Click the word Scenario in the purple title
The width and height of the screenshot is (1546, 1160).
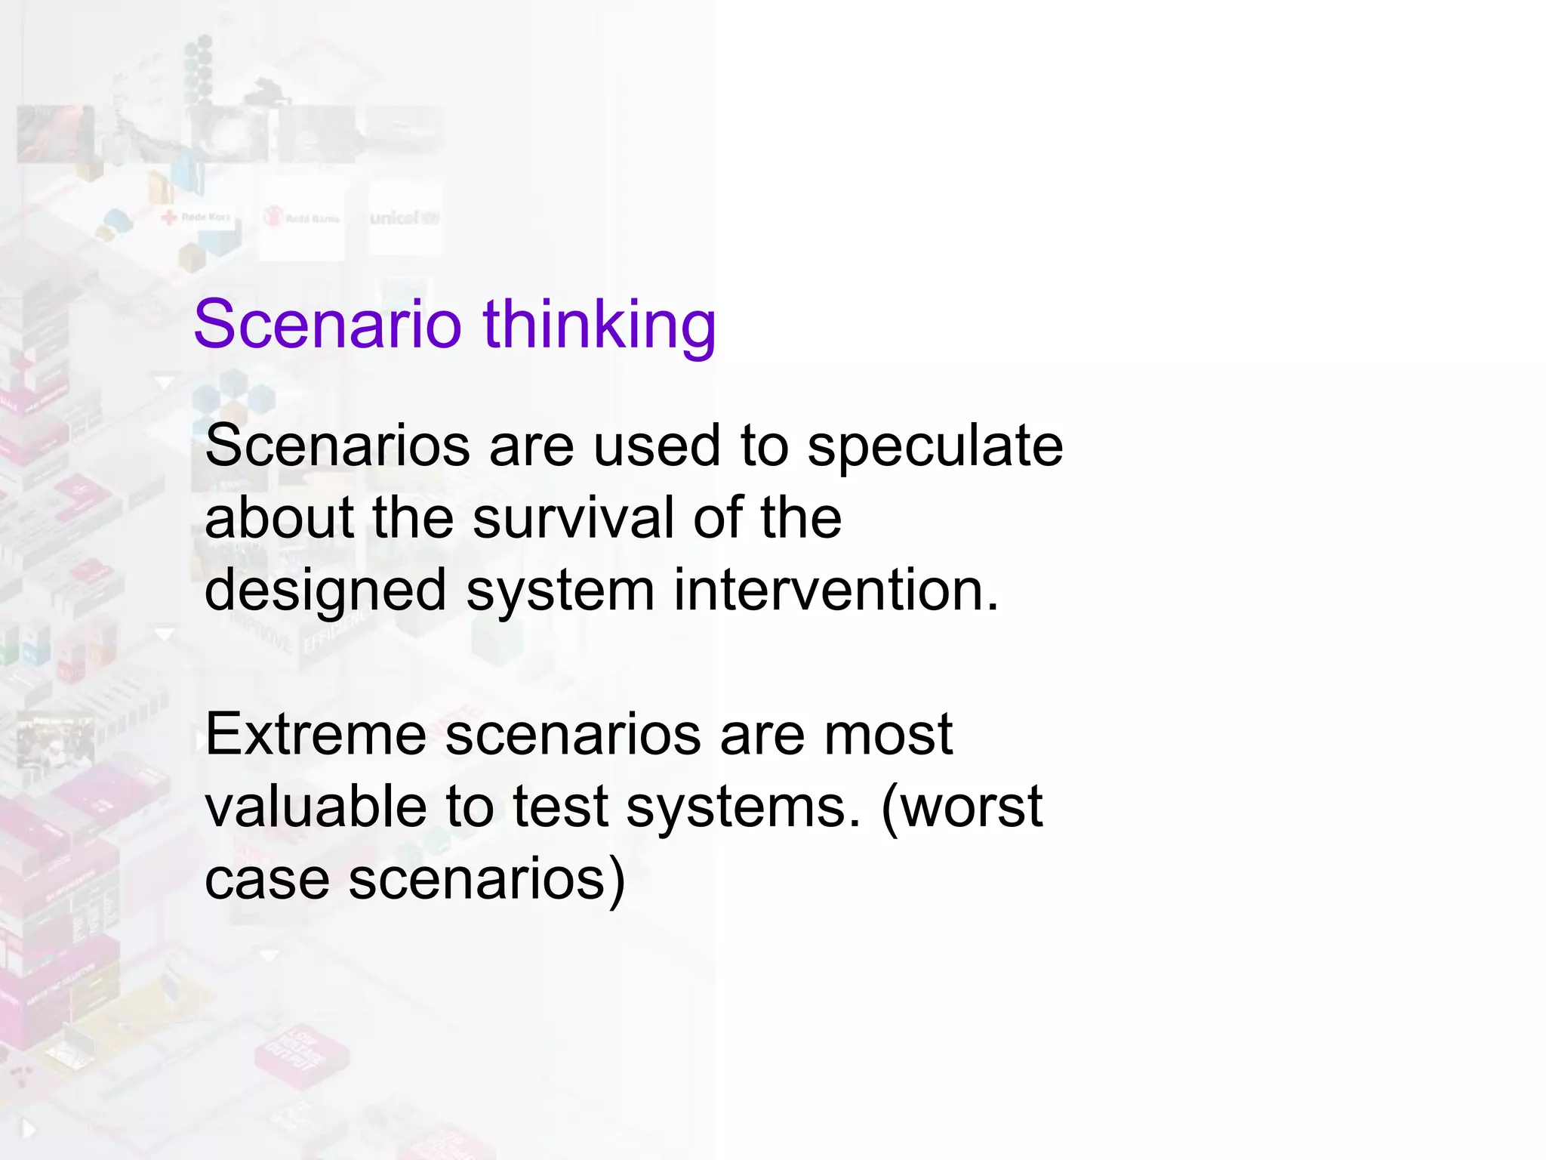click(327, 324)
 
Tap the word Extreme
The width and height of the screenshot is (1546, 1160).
click(316, 734)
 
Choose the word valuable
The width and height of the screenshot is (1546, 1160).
click(316, 807)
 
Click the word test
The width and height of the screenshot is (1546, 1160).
click(560, 807)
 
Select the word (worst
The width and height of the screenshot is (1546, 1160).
click(962, 807)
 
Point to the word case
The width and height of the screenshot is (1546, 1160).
click(266, 880)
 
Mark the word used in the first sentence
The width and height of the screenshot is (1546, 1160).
click(656, 446)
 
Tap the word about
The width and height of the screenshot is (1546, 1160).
click(279, 517)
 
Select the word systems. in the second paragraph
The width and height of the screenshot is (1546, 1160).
click(743, 807)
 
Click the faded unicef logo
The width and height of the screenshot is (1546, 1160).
click(404, 218)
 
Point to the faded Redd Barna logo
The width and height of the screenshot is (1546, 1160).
click(302, 218)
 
